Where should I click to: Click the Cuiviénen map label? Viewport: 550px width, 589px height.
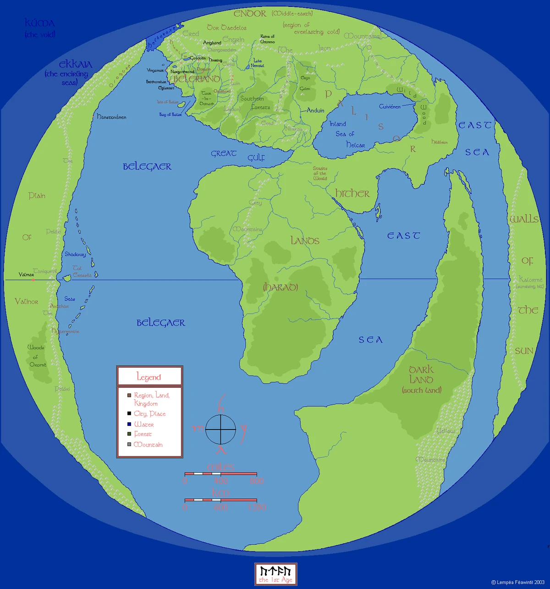[390, 107]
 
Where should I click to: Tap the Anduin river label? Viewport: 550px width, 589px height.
[315, 110]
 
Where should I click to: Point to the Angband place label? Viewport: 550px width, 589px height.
[212, 43]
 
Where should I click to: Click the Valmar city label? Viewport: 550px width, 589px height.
[26, 275]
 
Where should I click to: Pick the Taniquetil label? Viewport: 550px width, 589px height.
[44, 271]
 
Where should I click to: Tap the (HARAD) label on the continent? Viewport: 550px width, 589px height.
[280, 287]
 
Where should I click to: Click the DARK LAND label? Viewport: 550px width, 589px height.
[421, 374]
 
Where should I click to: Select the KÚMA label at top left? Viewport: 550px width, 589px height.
[39, 23]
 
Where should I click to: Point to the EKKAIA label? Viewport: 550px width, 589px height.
[76, 65]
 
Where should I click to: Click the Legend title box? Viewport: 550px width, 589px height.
[149, 377]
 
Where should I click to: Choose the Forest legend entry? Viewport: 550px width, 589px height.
[143, 434]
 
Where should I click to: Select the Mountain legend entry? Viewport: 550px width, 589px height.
[148, 445]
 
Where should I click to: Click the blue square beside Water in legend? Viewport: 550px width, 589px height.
[129, 424]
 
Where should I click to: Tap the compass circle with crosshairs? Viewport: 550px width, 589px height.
[220, 429]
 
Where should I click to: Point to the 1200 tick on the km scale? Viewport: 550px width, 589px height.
[257, 507]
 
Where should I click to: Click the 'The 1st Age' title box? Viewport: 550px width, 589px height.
[275, 574]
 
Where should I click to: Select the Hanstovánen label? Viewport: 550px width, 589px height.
[111, 117]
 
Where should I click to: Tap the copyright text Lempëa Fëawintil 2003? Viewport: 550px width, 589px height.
[518, 582]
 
